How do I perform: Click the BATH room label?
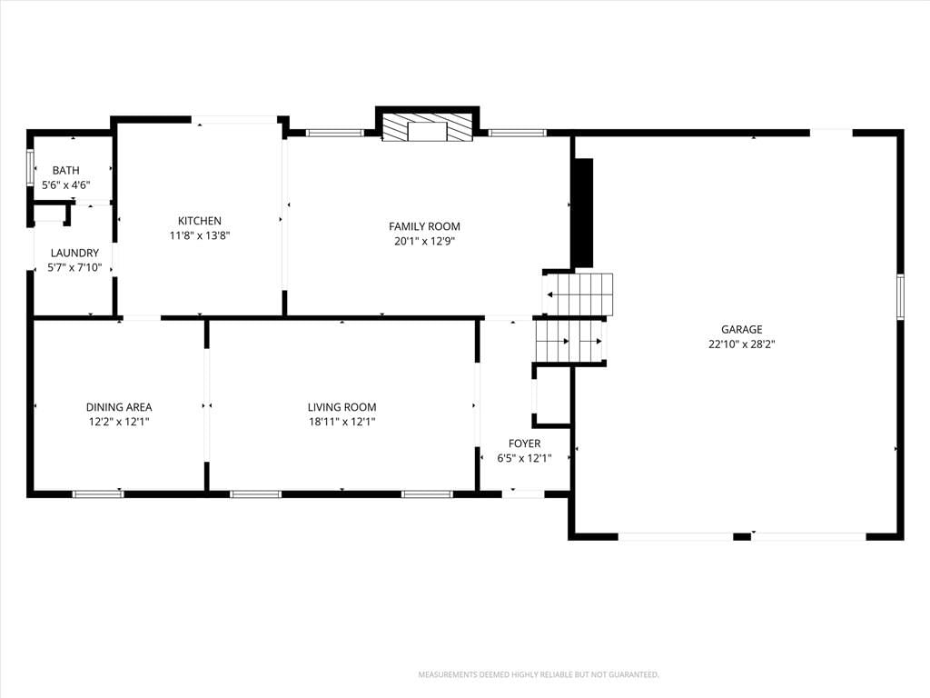pyautogui.click(x=65, y=170)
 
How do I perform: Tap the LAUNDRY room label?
pyautogui.click(x=74, y=253)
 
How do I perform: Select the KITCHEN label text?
pyautogui.click(x=200, y=221)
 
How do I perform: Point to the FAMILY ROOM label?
pyautogui.click(x=425, y=226)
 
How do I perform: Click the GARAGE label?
pyautogui.click(x=742, y=329)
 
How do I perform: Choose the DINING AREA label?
pyautogui.click(x=119, y=407)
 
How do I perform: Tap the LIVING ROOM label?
pyautogui.click(x=342, y=407)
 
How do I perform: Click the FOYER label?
pyautogui.click(x=524, y=444)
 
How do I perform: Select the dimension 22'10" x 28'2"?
pyautogui.click(x=742, y=344)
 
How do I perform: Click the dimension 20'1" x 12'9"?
pyautogui.click(x=425, y=241)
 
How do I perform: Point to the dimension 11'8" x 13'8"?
pyautogui.click(x=200, y=235)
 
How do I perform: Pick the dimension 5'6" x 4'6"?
pyautogui.click(x=65, y=185)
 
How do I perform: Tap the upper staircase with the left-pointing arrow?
pyautogui.click(x=579, y=294)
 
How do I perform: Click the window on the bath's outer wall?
pyautogui.click(x=30, y=168)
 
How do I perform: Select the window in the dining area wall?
pyautogui.click(x=98, y=494)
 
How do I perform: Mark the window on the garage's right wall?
pyautogui.click(x=900, y=297)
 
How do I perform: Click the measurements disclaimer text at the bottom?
pyautogui.click(x=539, y=675)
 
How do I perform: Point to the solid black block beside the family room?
pyautogui.click(x=583, y=213)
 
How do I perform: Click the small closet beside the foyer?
pyautogui.click(x=551, y=396)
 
